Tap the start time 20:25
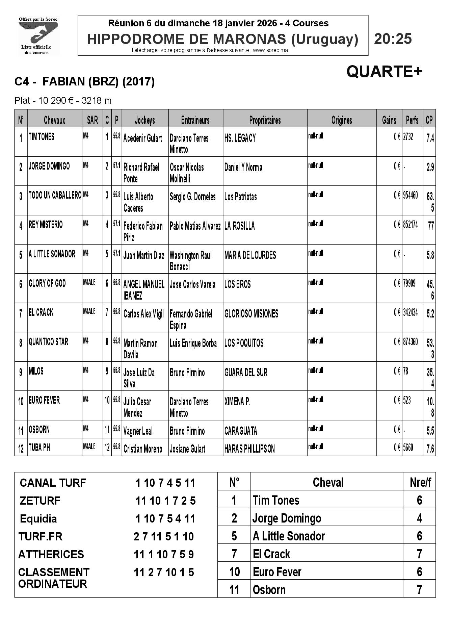[393, 39]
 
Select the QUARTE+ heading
[384, 71]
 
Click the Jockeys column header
[145, 120]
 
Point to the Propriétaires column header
[265, 120]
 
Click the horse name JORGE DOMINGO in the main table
[49, 166]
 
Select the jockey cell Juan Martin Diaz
[144, 255]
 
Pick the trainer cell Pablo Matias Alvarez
[195, 226]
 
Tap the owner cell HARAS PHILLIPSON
[249, 449]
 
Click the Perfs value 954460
[410, 196]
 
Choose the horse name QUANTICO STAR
[48, 342]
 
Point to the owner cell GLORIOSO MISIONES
[252, 314]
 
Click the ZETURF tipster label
[40, 501]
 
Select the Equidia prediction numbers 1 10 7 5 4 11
[165, 518]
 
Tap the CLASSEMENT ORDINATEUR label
[54, 578]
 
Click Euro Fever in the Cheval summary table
[277, 572]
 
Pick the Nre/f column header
[420, 482]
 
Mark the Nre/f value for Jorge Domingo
[419, 518]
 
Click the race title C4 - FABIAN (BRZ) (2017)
[84, 81]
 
